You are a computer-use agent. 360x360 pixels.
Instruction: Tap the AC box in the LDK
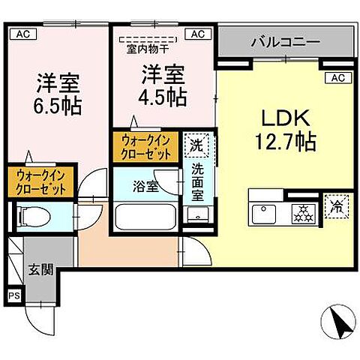(337, 77)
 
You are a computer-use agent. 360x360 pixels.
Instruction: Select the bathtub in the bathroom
(146, 218)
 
